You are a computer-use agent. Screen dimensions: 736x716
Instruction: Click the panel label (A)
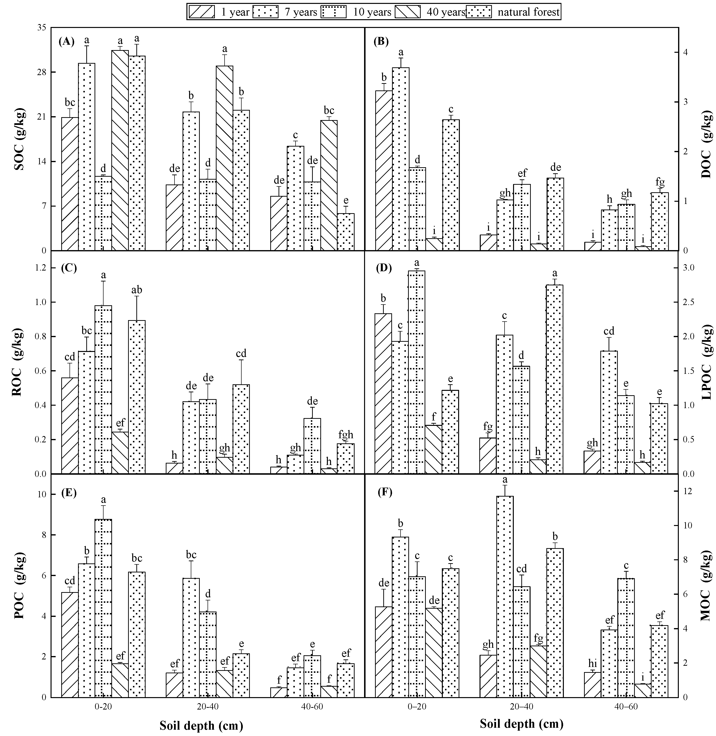click(x=67, y=41)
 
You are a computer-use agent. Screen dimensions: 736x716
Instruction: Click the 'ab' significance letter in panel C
click(x=137, y=290)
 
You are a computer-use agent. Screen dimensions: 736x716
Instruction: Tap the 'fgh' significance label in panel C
click(x=346, y=435)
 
